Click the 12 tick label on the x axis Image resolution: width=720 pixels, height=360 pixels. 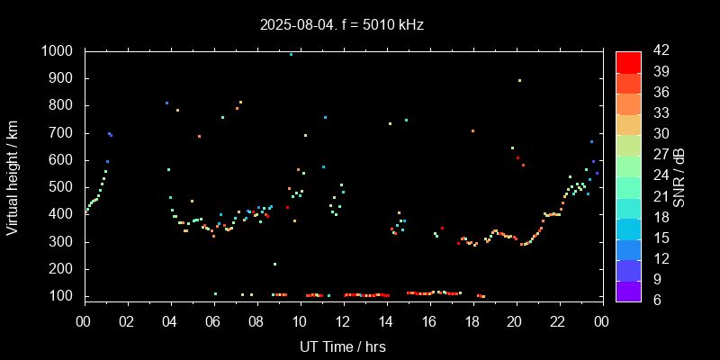[342, 319]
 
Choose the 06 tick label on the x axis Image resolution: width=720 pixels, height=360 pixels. [213, 319]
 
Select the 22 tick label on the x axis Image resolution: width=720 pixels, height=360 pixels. [558, 319]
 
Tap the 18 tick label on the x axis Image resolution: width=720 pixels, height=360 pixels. [472, 319]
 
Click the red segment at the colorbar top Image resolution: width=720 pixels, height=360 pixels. [628, 61]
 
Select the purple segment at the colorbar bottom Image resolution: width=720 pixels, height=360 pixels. [628, 290]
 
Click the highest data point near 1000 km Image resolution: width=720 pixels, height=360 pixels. [291, 54]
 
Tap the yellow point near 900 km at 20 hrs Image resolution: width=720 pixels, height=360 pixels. [519, 80]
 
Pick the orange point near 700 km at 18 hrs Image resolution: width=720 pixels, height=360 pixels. [472, 130]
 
